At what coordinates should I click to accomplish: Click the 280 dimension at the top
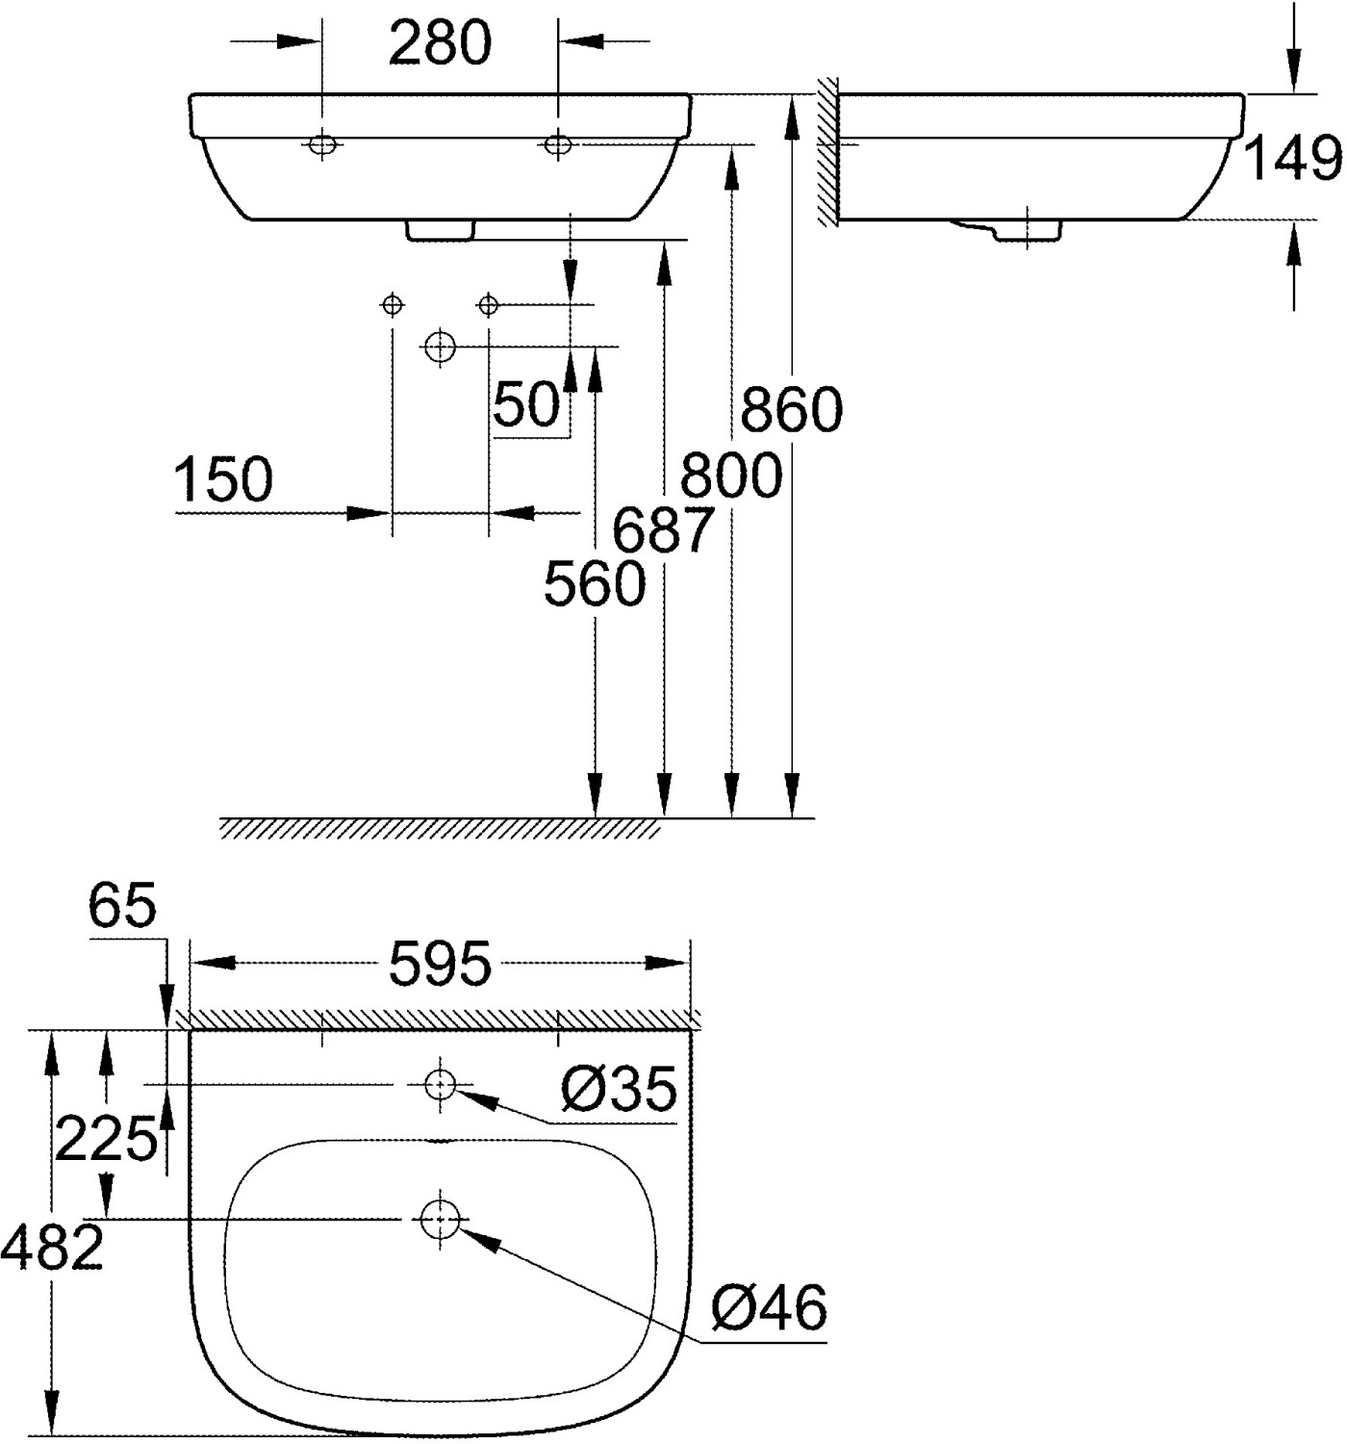tap(441, 43)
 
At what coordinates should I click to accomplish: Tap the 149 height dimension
tap(1292, 159)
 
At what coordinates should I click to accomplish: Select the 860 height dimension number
tap(791, 410)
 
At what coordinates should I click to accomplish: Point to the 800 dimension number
tap(731, 476)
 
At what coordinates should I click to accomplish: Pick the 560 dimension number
tap(595, 583)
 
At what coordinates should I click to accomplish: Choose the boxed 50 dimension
tap(527, 404)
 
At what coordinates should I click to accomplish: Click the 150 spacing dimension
tap(224, 479)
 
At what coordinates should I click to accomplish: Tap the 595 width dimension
tap(441, 965)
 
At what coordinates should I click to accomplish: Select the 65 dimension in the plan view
tap(122, 906)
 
